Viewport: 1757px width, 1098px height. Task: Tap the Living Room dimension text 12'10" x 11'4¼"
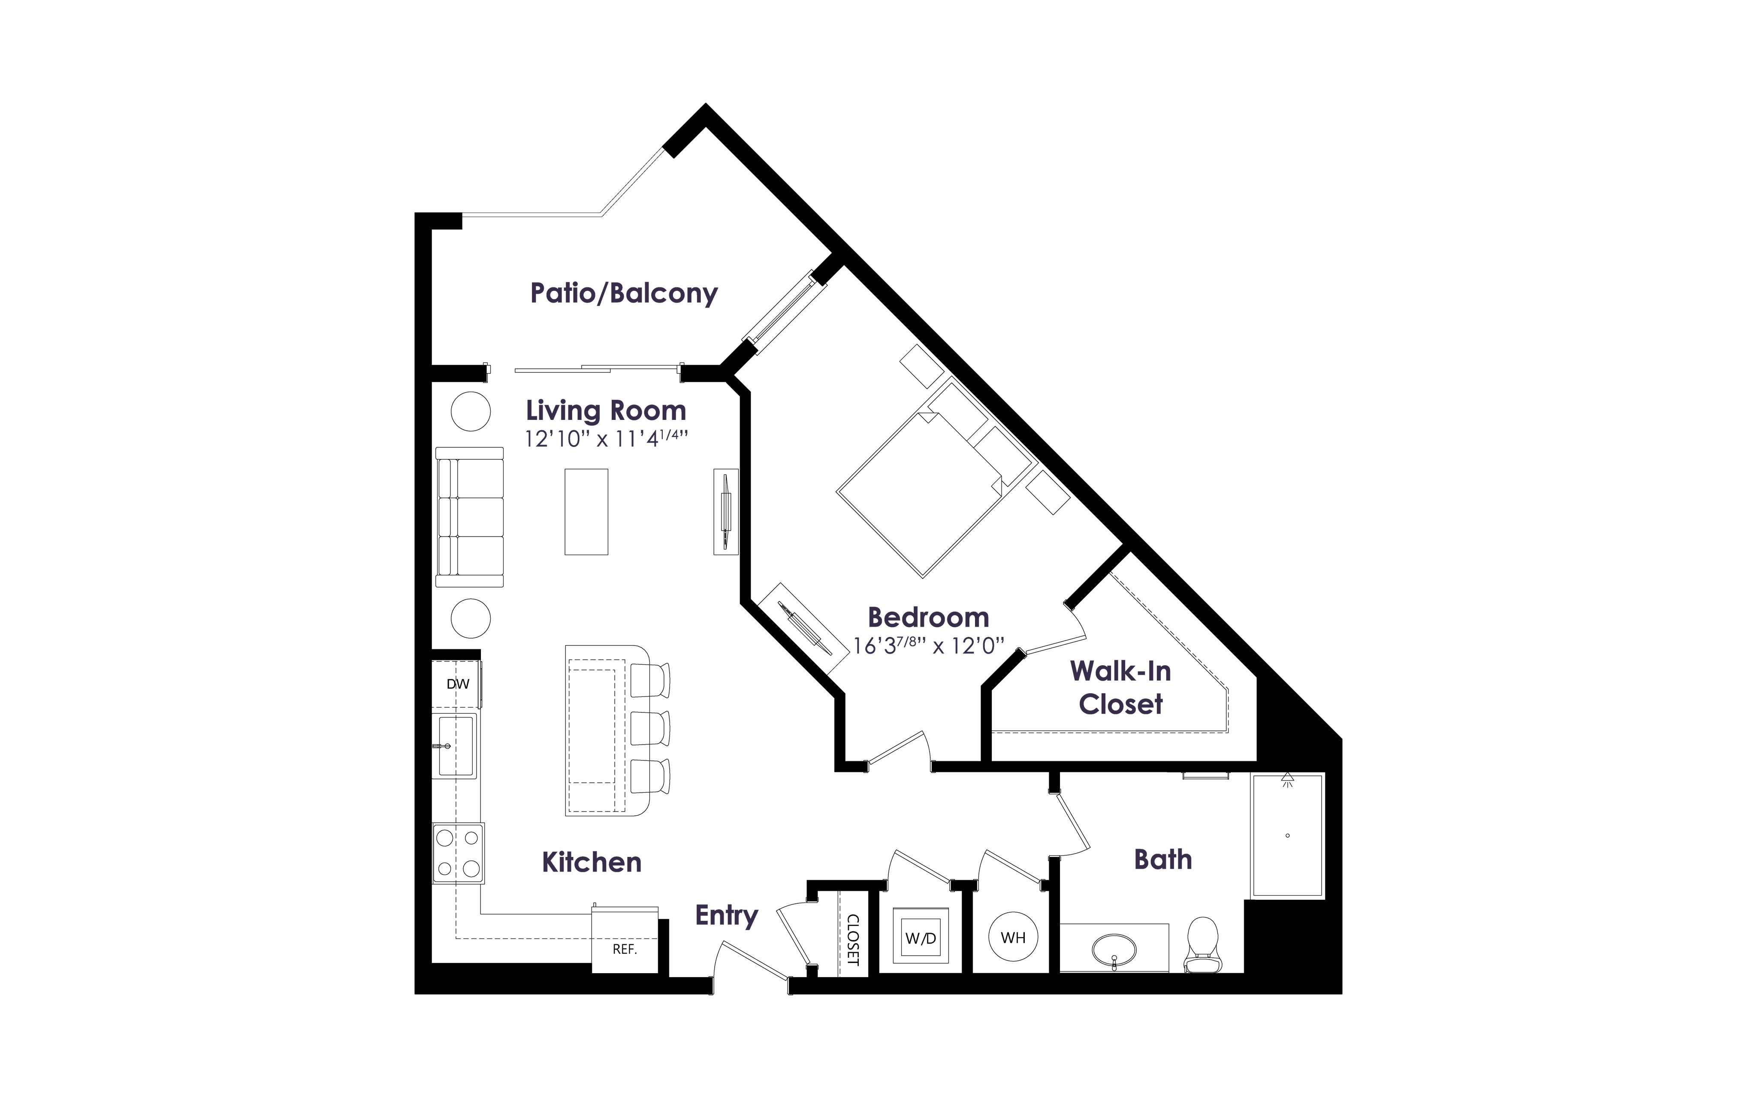pyautogui.click(x=606, y=439)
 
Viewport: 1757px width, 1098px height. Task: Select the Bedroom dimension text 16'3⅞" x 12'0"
pyautogui.click(x=929, y=645)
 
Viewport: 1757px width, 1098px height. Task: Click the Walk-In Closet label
pyautogui.click(x=1121, y=687)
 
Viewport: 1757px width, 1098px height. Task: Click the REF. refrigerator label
pyautogui.click(x=625, y=949)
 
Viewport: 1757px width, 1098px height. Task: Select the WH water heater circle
pyautogui.click(x=1014, y=938)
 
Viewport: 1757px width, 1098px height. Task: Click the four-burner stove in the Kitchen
pyautogui.click(x=458, y=853)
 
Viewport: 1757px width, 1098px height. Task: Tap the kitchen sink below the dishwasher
pyautogui.click(x=455, y=746)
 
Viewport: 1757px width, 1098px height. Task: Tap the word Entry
pyautogui.click(x=727, y=916)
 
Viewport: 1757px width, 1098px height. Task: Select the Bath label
pyautogui.click(x=1163, y=860)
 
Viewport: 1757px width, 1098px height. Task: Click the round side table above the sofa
pyautogui.click(x=471, y=412)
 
